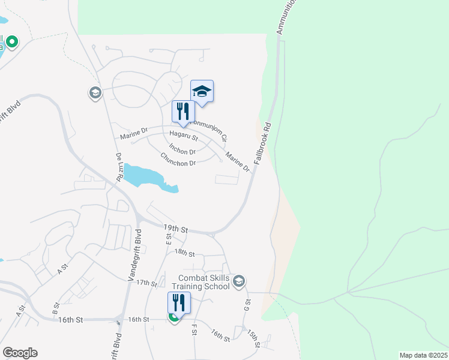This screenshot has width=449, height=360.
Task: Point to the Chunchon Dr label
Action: (178, 160)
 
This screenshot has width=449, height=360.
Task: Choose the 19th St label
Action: (176, 229)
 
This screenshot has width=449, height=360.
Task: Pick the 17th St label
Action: (146, 282)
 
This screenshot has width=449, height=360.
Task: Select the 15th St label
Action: (253, 340)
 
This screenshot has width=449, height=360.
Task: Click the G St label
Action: (247, 305)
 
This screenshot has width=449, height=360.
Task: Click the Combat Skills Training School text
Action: (204, 282)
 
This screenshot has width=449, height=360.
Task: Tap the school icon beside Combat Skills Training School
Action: (239, 281)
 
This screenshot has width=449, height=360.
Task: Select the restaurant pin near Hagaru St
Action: (183, 111)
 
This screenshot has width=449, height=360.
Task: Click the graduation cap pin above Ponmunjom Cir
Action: (202, 92)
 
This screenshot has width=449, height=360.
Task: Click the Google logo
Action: (20, 353)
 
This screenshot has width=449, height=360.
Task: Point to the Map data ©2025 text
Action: (423, 355)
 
